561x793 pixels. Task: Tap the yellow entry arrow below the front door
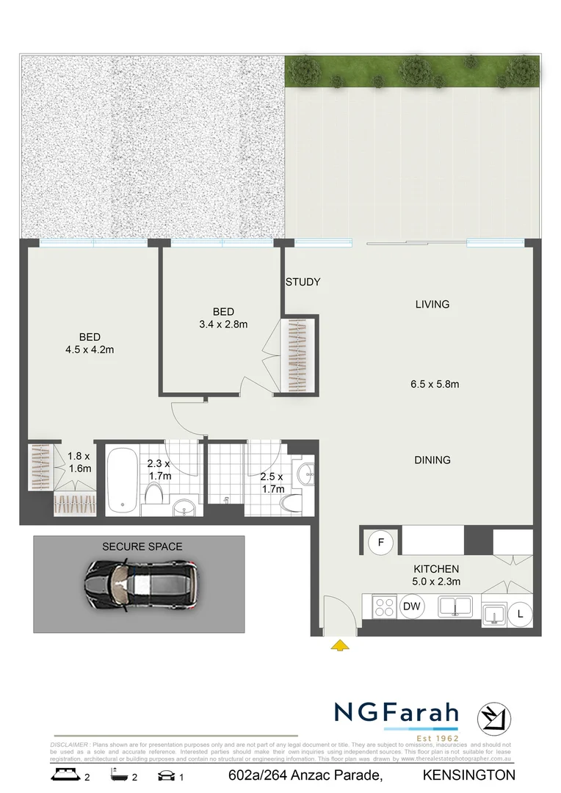tap(339, 645)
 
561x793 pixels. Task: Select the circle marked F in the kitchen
tap(380, 543)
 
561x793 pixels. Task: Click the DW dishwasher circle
tap(411, 606)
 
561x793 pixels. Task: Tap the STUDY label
tap(303, 282)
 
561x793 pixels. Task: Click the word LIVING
tap(432, 304)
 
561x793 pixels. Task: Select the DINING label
tap(432, 460)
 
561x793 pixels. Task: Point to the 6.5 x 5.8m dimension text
tap(435, 383)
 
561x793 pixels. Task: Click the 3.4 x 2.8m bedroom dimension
tap(223, 324)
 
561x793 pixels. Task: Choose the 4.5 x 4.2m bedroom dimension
tap(90, 350)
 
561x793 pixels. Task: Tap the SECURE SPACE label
tap(142, 546)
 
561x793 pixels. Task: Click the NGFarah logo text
tap(397, 713)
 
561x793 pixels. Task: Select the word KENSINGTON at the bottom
tap(468, 775)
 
